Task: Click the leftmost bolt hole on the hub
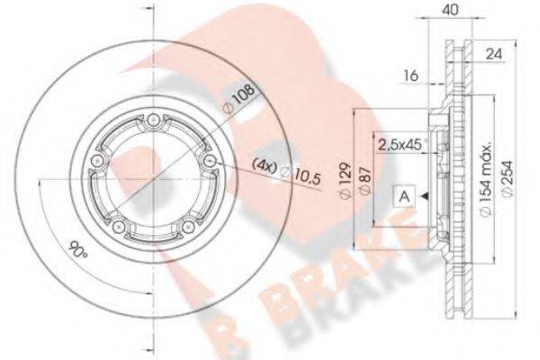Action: [x=94, y=163]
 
